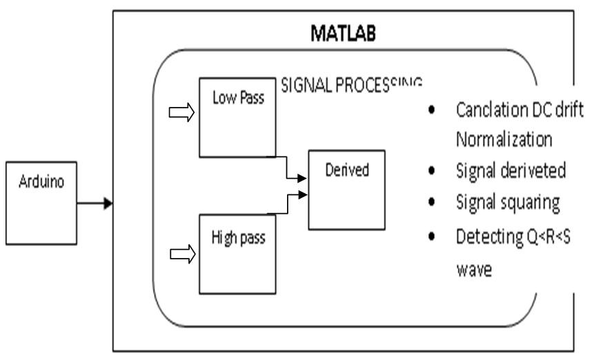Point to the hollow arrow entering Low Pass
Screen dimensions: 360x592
coord(181,112)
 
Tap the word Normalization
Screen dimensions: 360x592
coord(503,139)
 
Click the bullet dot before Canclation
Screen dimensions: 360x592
coord(431,111)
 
